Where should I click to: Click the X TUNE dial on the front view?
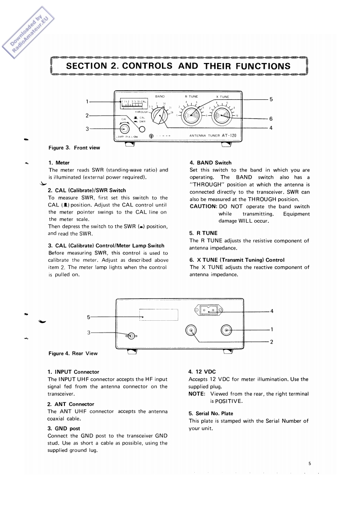pyautogui.click(x=222, y=117)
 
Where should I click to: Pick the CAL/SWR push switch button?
pyautogui.click(x=142, y=129)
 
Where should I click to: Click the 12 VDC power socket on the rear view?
pyautogui.click(x=209, y=311)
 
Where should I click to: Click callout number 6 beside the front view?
pyautogui.click(x=271, y=119)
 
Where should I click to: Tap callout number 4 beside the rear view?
pyautogui.click(x=271, y=311)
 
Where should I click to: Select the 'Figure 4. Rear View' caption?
pyautogui.click(x=73, y=353)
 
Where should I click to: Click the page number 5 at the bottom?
pyautogui.click(x=310, y=464)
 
